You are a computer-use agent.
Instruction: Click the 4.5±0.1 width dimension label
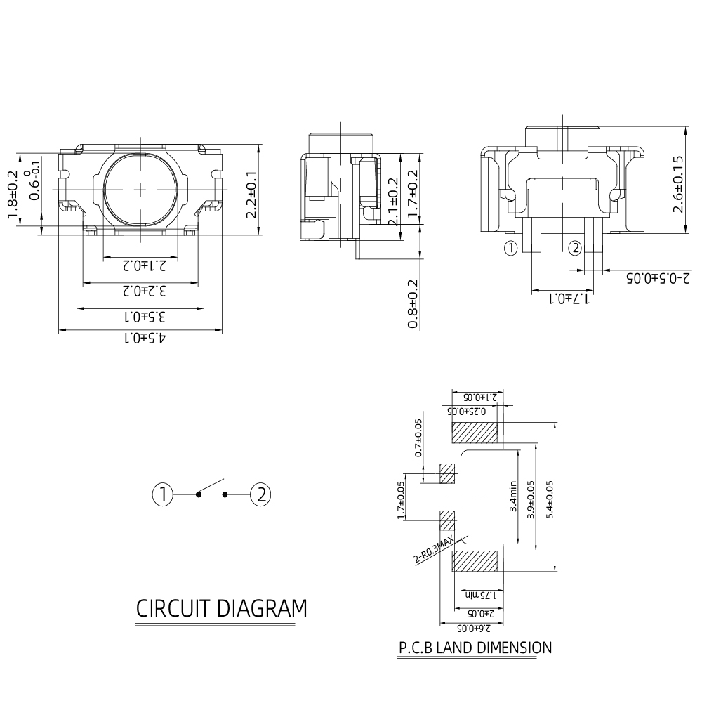(x=145, y=338)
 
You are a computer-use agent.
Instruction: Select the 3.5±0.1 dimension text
(x=145, y=317)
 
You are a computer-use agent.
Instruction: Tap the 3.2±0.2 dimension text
(x=145, y=291)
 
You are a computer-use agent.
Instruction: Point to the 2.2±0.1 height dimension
(x=251, y=195)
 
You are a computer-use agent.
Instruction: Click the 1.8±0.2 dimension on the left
(x=13, y=195)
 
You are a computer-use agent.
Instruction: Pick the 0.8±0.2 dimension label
(x=412, y=304)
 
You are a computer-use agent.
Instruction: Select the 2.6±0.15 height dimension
(x=678, y=184)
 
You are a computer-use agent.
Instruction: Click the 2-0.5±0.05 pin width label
(x=658, y=278)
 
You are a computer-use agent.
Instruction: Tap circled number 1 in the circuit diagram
(x=162, y=494)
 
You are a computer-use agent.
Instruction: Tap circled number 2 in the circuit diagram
(x=260, y=494)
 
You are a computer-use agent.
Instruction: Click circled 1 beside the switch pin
(x=510, y=248)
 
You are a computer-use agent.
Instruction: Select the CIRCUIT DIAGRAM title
(x=221, y=608)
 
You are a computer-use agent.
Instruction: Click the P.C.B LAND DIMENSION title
(x=475, y=648)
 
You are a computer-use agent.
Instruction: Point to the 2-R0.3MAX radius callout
(x=434, y=550)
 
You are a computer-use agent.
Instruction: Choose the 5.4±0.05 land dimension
(x=550, y=499)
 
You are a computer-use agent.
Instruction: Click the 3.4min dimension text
(x=513, y=497)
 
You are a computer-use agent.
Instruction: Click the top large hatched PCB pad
(x=475, y=433)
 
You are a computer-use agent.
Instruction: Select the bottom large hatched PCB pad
(x=475, y=561)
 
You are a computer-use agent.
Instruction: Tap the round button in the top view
(x=141, y=189)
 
